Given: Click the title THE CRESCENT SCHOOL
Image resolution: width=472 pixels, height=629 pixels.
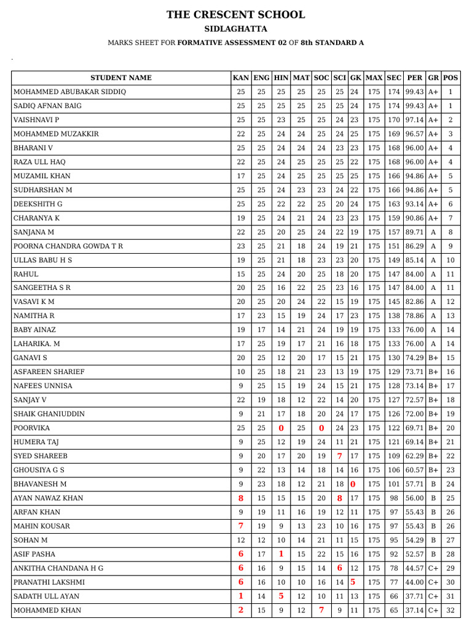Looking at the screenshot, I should (x=235, y=15).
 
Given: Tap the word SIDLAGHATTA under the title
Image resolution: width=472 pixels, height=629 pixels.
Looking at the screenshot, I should (x=235, y=29).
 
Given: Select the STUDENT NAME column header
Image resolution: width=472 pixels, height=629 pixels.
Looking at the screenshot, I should (x=120, y=78).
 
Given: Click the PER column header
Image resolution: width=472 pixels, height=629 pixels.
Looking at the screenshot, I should (x=415, y=78).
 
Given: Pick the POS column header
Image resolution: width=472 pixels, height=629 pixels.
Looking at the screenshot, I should (x=450, y=78).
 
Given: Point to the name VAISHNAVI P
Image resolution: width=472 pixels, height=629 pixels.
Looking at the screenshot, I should (x=36, y=120).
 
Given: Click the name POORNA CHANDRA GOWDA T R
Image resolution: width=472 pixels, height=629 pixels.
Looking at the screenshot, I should (x=68, y=246).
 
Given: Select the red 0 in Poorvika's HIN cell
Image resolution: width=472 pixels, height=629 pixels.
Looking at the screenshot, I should (x=281, y=428).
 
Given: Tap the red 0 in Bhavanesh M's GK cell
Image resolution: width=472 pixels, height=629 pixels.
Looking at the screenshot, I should (x=353, y=484).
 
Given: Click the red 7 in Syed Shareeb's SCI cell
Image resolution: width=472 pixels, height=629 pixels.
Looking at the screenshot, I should (x=339, y=456).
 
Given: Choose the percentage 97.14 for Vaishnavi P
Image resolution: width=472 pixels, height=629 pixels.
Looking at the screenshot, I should (x=415, y=120).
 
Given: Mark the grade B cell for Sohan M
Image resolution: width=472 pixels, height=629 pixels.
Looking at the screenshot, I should (x=433, y=541).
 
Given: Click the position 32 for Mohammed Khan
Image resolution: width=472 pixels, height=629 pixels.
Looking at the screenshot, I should (x=450, y=611).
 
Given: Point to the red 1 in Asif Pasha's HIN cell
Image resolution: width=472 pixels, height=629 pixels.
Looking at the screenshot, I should (x=281, y=555).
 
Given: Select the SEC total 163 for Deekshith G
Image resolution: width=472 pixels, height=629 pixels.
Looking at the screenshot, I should (x=394, y=204).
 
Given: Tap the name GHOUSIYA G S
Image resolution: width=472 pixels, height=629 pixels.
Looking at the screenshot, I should (x=39, y=471).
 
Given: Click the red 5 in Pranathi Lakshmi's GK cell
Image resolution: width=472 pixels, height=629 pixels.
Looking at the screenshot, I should (x=353, y=582).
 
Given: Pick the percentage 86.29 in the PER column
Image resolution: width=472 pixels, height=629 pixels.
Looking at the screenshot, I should (x=415, y=246).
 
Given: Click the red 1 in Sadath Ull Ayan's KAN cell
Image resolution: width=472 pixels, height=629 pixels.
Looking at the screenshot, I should (x=241, y=596).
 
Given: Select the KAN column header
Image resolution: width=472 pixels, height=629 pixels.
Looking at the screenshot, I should (x=241, y=78).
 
